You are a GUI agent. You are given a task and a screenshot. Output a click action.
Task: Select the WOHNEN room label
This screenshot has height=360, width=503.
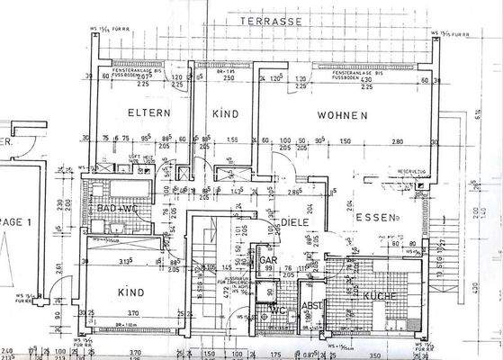[x=341, y=116]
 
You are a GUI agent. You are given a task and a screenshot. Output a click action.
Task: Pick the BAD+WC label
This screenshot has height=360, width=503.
[x=118, y=210]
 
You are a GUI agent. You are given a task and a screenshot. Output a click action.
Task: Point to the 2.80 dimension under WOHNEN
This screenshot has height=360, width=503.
[x=397, y=141]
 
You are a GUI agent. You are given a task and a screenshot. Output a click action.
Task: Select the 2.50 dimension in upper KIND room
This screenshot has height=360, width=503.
[x=229, y=79]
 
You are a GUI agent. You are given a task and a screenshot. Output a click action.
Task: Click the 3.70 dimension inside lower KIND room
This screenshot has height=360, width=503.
[x=107, y=310]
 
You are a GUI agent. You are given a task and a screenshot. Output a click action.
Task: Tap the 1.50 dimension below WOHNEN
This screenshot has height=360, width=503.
[x=346, y=141]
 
